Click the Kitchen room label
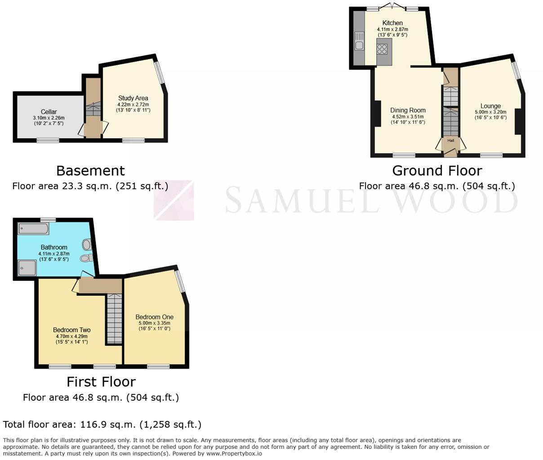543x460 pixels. click(392, 23)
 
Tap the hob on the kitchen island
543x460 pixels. click(383, 49)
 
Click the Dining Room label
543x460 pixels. click(408, 110)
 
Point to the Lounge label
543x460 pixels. click(490, 106)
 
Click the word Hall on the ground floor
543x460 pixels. click(450, 141)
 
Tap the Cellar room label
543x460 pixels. click(49, 112)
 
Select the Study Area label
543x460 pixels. click(133, 98)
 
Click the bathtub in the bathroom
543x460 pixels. click(33, 229)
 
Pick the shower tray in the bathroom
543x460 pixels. click(27, 268)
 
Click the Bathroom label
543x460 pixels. click(54, 247)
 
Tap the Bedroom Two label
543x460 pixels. click(71, 330)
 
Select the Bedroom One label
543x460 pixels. click(154, 317)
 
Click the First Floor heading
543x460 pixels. click(101, 381)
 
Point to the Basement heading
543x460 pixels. click(90, 171)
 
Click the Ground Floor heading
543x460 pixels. click(437, 171)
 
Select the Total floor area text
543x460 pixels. click(102, 425)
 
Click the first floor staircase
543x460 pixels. click(114, 319)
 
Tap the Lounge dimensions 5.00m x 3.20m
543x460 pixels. click(490, 112)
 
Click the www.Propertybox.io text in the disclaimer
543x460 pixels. click(234, 453)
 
